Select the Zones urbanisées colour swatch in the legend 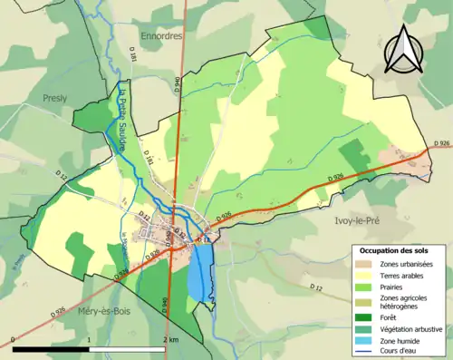click(x=366, y=263)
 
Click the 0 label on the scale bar click(x=12, y=339)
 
